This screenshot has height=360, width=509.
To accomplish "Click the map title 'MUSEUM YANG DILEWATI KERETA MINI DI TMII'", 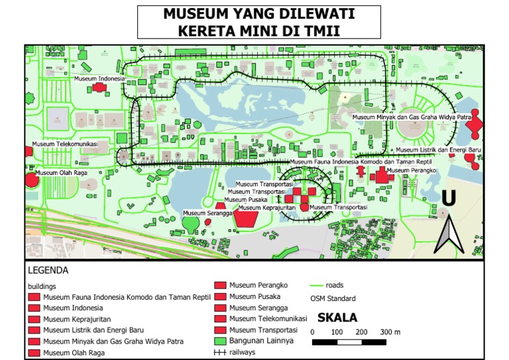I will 258,23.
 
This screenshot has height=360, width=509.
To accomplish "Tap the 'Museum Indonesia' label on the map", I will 99,78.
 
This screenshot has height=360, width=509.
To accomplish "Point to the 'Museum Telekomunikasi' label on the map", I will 65,144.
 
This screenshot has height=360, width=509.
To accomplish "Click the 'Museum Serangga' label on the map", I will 207,213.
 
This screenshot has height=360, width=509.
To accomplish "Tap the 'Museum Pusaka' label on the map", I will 246,200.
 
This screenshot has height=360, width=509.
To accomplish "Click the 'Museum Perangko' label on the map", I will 411,170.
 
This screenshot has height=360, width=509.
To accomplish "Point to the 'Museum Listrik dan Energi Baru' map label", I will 437,150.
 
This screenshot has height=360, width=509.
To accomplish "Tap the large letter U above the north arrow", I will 449,198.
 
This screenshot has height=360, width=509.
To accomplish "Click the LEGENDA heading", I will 48,270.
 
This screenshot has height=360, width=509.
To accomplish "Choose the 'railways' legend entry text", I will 242,352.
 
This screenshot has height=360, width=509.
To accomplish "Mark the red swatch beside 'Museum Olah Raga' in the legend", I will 34,353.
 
